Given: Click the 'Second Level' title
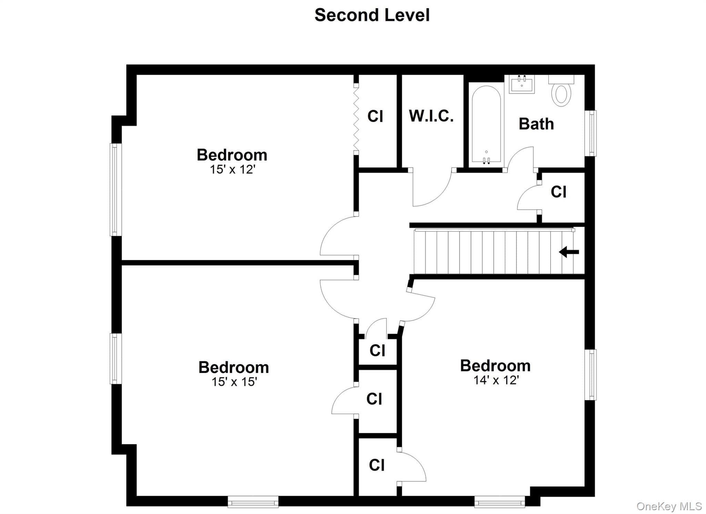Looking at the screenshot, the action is click(x=372, y=15).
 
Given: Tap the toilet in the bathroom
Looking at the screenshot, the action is click(x=561, y=91).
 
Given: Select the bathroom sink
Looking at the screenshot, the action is click(x=522, y=84).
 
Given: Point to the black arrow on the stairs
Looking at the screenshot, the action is click(x=569, y=252).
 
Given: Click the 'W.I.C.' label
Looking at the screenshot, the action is click(x=431, y=116).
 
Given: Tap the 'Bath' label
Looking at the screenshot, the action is click(x=536, y=124).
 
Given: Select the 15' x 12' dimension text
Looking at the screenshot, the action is click(x=233, y=169).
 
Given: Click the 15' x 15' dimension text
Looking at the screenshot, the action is click(x=234, y=382).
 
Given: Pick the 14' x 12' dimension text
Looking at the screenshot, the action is click(x=496, y=380).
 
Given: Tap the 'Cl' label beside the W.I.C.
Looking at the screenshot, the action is click(x=375, y=116).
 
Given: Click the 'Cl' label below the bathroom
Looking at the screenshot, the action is click(x=558, y=192).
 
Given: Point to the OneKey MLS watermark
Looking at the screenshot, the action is click(x=669, y=506).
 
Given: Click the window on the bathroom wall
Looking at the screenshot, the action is click(x=591, y=133).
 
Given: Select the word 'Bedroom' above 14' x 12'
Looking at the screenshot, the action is click(x=495, y=366).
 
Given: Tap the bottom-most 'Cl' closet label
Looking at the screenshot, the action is click(x=376, y=465).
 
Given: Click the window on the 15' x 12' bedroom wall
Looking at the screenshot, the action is click(x=116, y=190).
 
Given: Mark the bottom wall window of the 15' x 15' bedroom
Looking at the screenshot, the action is click(x=253, y=502).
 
